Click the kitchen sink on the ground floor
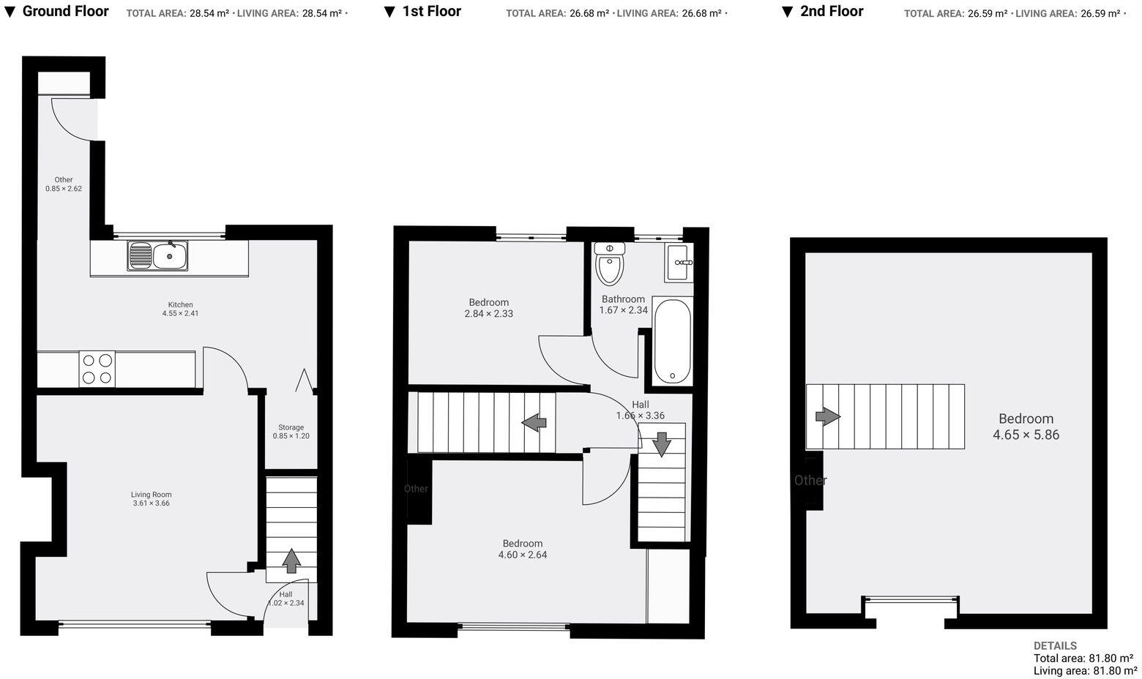158,256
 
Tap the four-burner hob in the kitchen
97,369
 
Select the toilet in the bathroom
609,264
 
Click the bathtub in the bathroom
671,341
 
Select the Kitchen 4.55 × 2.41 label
180,309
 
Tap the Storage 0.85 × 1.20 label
291,432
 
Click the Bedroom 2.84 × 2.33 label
488,308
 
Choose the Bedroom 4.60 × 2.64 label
522,549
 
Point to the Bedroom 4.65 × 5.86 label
1026,427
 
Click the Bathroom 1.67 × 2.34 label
623,304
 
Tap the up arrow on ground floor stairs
291,560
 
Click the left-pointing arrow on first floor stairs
534,422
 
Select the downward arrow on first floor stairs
662,443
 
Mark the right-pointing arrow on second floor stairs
828,416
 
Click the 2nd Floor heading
831,11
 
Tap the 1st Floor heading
431,11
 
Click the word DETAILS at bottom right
1055,646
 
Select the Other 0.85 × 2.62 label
64,184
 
